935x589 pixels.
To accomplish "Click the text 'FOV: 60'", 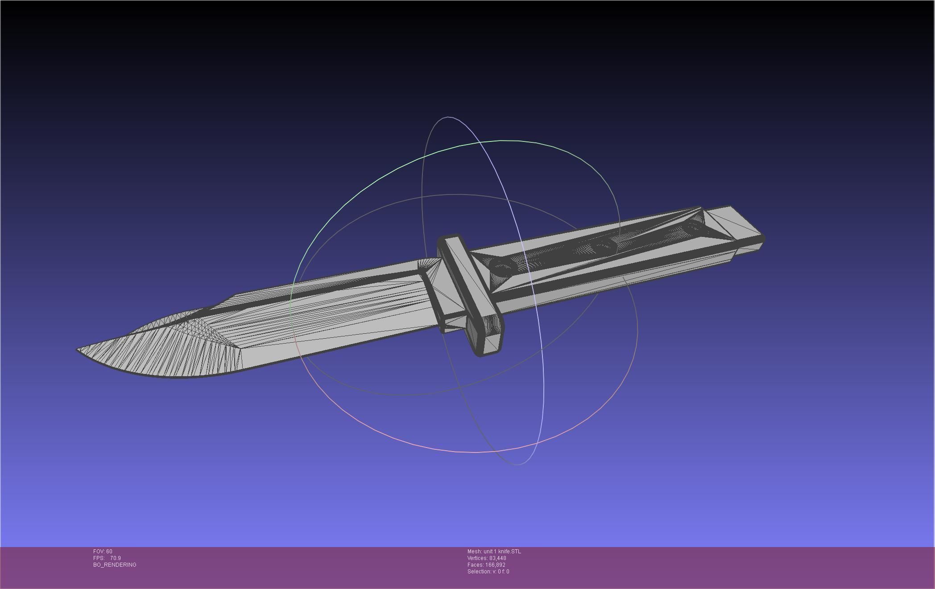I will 103,552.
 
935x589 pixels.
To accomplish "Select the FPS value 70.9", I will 116,558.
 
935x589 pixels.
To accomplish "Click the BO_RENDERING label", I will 115,565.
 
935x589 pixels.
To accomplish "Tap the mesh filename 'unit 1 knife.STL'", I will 502,552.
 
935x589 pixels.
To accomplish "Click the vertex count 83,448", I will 497,558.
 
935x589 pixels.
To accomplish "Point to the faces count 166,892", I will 496,565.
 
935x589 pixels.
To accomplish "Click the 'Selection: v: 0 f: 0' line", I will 488,572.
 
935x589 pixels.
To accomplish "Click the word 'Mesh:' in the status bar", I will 474,552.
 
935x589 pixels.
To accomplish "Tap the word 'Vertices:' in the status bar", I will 477,558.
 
